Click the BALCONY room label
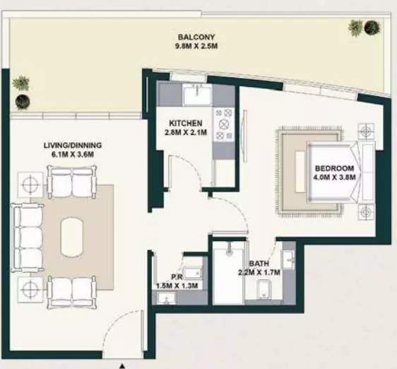pos(196,37)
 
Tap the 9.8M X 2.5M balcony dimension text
pos(196,46)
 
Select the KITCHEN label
pos(186,124)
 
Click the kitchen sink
pos(198,95)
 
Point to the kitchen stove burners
pos(223,124)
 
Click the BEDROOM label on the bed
pos(334,168)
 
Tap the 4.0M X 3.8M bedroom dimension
pos(334,177)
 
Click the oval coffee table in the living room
pos(71,237)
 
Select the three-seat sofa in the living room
pos(28,238)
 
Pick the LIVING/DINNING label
pos(73,145)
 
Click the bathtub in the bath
pos(229,272)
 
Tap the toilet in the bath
pos(263,289)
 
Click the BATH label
pos(259,264)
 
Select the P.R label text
pos(177,277)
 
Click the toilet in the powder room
pos(193,273)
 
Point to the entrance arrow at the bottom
pos(122,366)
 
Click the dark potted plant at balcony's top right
pos(372,27)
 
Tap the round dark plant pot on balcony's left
pos(23,102)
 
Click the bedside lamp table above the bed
pos(366,131)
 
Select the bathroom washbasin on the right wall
pos(289,259)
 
